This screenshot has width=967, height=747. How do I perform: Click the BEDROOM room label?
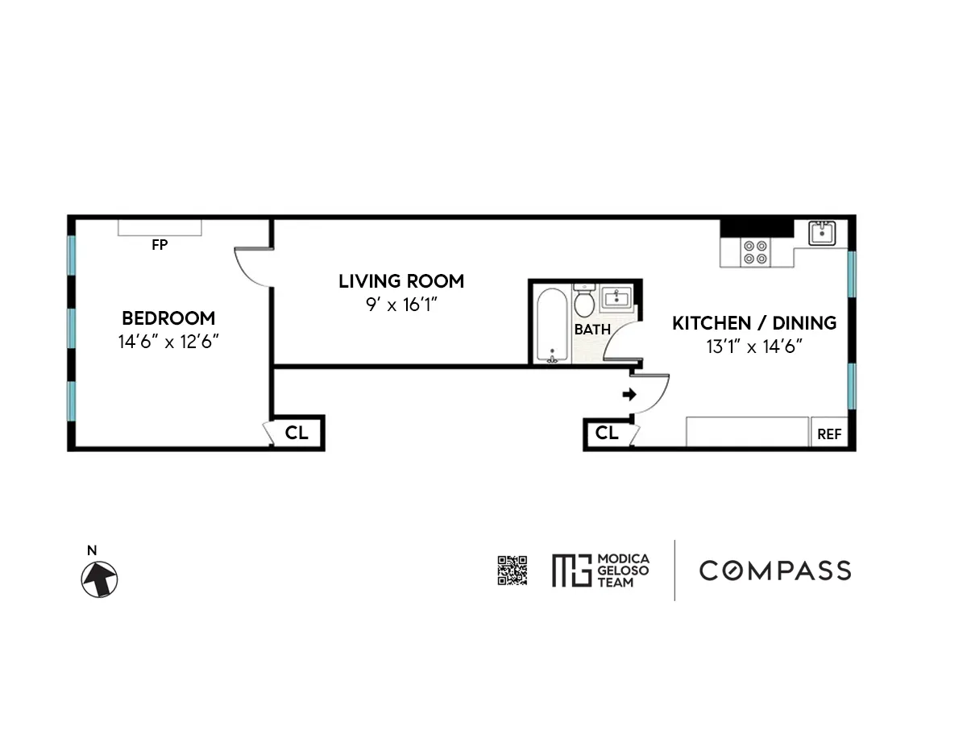168,317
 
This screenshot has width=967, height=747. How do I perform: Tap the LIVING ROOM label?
401,281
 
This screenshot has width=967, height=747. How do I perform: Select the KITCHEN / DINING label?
754,323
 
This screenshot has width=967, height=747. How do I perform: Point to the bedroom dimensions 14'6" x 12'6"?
168,342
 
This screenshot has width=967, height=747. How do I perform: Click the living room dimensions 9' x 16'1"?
401,305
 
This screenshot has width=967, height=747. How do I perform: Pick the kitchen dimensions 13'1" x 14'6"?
754,347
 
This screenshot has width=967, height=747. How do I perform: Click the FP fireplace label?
160,245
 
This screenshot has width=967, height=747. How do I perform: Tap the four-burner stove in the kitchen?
755,252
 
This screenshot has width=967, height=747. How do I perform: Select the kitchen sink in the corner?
823,232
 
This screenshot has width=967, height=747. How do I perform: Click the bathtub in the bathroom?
552,325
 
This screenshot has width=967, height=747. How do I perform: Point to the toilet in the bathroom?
584,301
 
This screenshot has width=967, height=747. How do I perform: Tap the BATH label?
592,330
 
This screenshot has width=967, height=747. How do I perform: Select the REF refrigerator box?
829,434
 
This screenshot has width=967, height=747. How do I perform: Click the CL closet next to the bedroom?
297,433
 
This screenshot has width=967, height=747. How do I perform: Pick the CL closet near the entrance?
607,434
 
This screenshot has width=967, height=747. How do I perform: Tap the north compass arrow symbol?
99,579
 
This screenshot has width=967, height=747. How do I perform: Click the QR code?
513,571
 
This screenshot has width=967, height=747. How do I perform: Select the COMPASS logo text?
774,571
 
